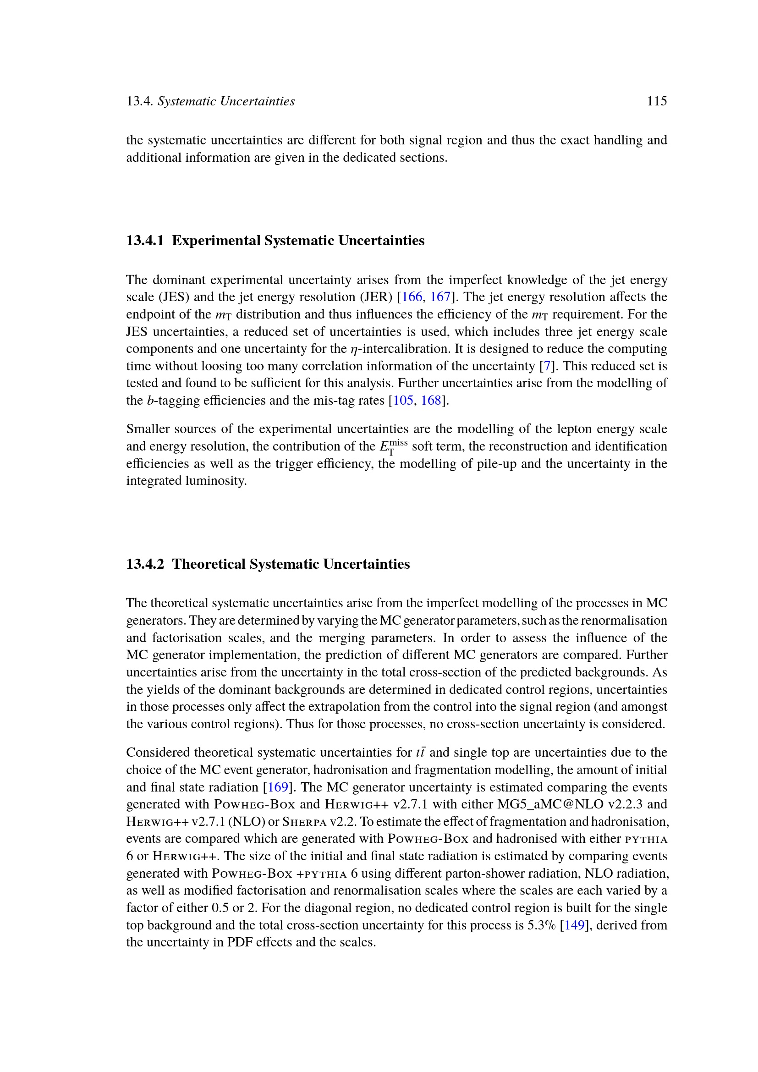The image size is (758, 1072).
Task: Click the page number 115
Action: coord(656,101)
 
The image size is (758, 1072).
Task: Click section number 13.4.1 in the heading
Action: coord(145,241)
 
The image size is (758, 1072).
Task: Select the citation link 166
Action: coord(412,297)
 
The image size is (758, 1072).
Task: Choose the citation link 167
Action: coord(439,297)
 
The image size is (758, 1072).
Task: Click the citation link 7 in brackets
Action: coord(548,366)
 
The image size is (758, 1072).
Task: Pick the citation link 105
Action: coord(403,401)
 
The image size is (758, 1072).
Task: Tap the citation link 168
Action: coord(431,401)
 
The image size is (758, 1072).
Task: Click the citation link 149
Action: coord(575,925)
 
